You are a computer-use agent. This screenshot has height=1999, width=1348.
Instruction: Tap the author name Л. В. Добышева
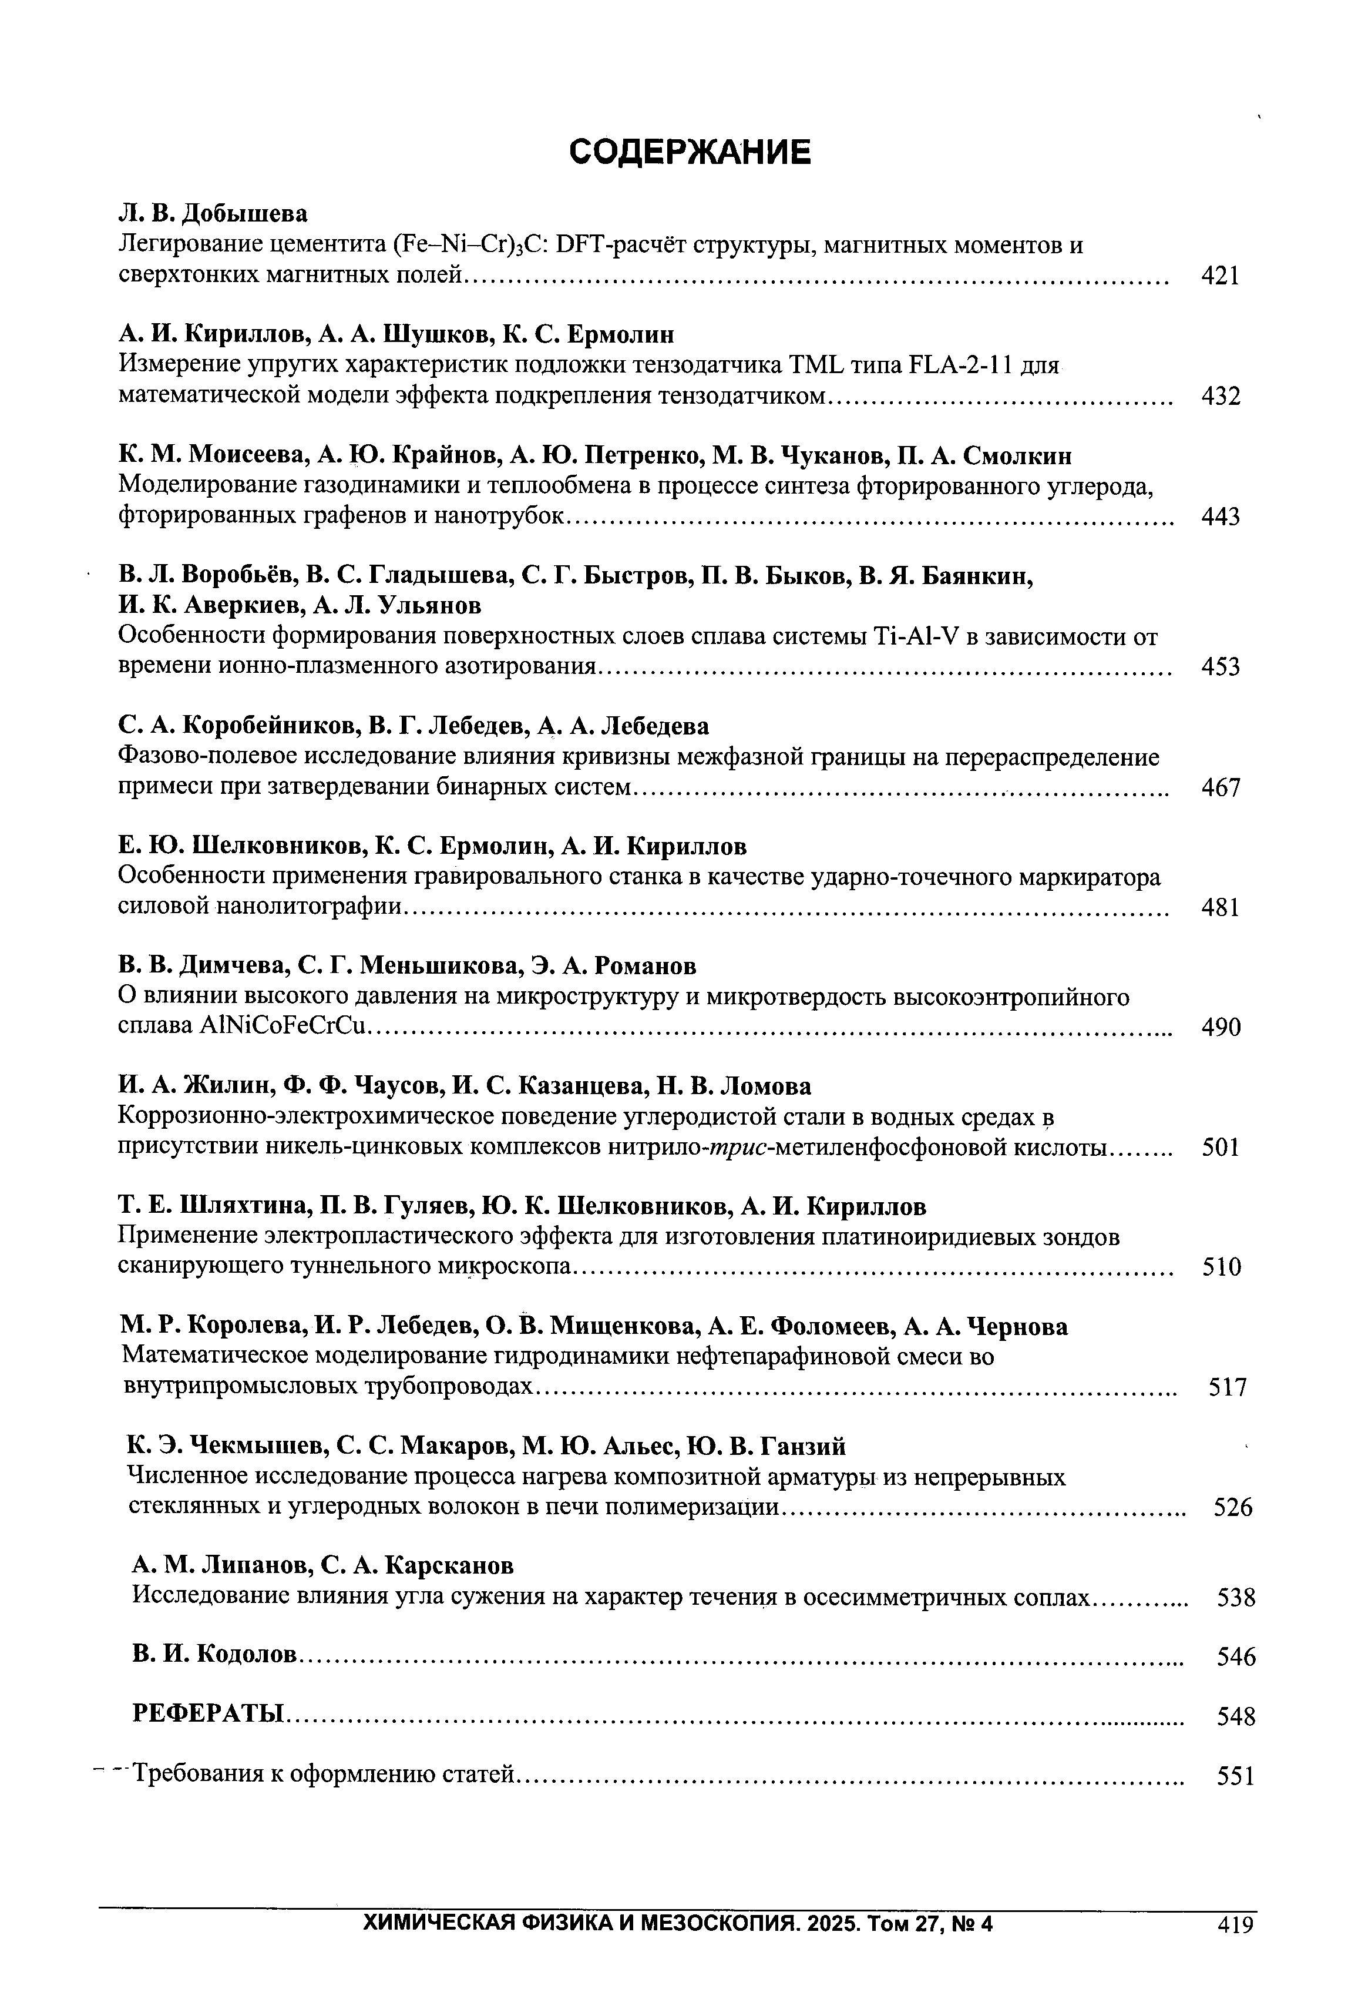[213, 212]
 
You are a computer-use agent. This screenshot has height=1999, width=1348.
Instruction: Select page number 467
[1221, 787]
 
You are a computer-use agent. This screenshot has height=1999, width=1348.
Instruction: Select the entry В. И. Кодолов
[215, 1653]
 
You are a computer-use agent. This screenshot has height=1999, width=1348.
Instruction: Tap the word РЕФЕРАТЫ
[209, 1713]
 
